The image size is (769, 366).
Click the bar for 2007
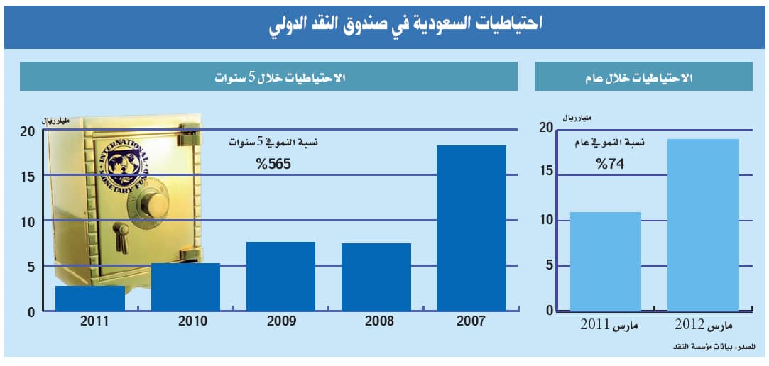(x=471, y=228)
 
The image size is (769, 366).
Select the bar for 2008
(x=376, y=277)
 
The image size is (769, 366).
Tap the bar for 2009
(x=280, y=276)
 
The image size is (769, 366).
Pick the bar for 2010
(x=185, y=287)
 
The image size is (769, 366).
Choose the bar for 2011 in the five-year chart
(x=90, y=298)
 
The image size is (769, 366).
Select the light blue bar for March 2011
(x=606, y=261)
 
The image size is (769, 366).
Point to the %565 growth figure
(x=274, y=165)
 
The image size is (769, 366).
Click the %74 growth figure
(x=609, y=164)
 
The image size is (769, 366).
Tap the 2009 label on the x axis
(x=281, y=321)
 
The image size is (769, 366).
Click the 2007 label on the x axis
(x=471, y=321)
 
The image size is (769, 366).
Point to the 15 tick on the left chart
(x=26, y=175)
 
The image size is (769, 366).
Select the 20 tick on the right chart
(x=545, y=128)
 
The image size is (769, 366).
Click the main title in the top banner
(x=405, y=25)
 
